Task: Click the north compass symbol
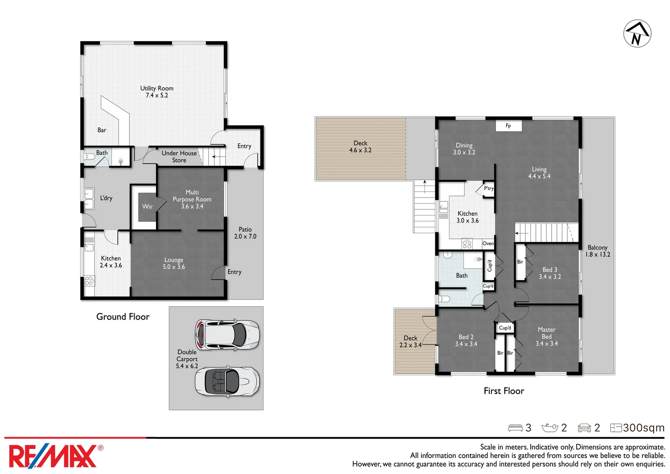coord(637,33)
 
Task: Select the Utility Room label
coord(157,92)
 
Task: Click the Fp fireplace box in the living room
coord(508,126)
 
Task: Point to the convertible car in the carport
coord(227,381)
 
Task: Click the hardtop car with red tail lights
coord(227,334)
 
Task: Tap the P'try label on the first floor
coord(488,188)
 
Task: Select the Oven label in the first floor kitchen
coord(488,244)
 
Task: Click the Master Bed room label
coord(546,336)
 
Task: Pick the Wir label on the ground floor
coord(147,207)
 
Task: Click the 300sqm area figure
coord(643,428)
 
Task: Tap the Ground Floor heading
coord(123,317)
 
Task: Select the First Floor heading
coord(504,391)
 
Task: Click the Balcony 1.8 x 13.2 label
coord(598,251)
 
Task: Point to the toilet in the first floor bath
coord(444,299)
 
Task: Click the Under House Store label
coord(179,157)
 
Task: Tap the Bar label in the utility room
coord(102,130)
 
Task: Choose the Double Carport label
coord(187,359)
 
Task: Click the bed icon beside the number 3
coord(515,428)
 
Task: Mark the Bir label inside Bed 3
coord(520,262)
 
